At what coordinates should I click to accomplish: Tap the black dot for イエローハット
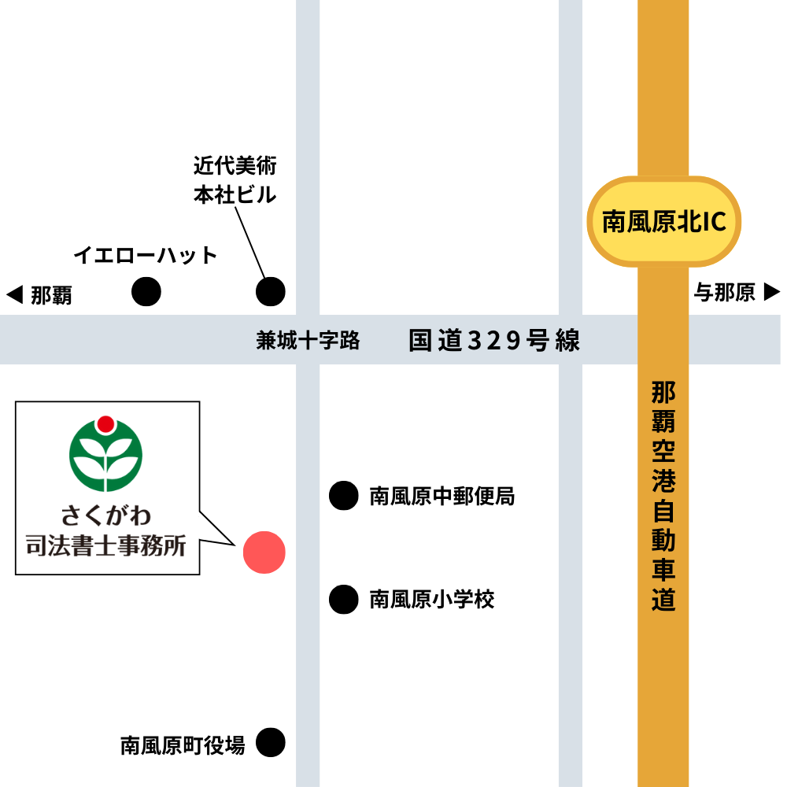coord(146,292)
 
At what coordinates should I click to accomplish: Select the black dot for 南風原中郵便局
coord(343,496)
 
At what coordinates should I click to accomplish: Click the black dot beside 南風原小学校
coord(343,600)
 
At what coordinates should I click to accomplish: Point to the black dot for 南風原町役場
coord(271,742)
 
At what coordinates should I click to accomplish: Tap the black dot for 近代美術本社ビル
coord(272,292)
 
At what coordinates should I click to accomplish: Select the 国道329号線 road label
coord(494,341)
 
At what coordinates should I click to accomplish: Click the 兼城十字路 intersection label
coord(308,341)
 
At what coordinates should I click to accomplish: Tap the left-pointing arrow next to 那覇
coord(14,295)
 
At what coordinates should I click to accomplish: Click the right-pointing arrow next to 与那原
coord(772,293)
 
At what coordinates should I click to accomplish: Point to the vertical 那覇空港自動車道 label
coord(663,497)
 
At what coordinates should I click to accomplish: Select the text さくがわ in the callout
coord(106,516)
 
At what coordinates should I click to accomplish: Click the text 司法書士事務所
coord(106,545)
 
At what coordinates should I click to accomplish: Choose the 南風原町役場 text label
coord(183,745)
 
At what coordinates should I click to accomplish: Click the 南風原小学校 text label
coord(432,600)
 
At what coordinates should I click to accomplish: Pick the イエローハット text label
coord(146,255)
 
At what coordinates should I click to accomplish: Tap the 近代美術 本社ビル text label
coord(235,180)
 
